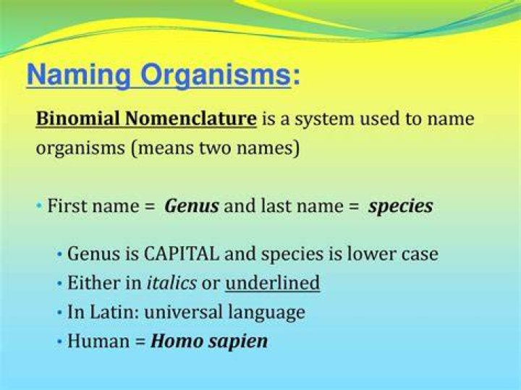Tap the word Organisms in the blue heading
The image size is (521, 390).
click(x=216, y=75)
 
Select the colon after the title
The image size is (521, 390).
click(x=297, y=77)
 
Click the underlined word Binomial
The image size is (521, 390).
click(x=78, y=119)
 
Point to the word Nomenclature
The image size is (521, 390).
click(x=191, y=119)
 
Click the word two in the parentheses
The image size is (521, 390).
click(x=216, y=148)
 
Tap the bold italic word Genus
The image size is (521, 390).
click(x=192, y=205)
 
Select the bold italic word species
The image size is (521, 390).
click(x=401, y=207)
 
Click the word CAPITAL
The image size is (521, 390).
click(x=182, y=254)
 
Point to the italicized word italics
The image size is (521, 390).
click(x=171, y=283)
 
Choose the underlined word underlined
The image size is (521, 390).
click(x=273, y=283)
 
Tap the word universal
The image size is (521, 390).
click(x=183, y=312)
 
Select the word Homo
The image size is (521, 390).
click(x=177, y=342)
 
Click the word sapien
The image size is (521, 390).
click(x=238, y=342)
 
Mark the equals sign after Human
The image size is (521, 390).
click(x=140, y=342)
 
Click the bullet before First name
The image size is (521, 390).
click(x=40, y=205)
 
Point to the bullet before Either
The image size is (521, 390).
click(x=59, y=284)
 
